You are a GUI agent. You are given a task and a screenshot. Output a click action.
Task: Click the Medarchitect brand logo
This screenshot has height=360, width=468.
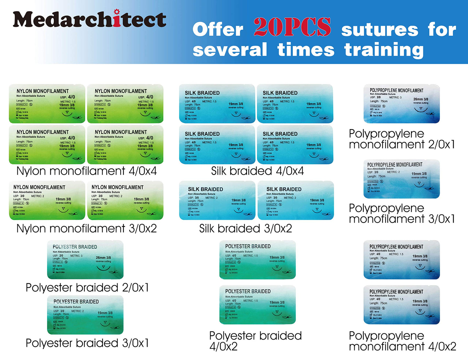click(89, 19)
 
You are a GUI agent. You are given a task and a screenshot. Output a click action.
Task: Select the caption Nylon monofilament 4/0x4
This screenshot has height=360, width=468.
click(86, 171)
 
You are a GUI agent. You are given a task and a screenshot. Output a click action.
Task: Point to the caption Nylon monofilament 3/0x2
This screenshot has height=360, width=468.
click(86, 228)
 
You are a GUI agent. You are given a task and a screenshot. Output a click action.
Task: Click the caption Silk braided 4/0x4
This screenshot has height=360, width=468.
click(257, 171)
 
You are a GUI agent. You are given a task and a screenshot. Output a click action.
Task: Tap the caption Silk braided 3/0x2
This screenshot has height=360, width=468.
click(245, 228)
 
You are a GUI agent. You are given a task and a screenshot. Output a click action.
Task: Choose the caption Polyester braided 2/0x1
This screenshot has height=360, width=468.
click(87, 287)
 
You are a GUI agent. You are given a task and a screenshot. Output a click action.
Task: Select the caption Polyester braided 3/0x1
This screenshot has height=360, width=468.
click(87, 343)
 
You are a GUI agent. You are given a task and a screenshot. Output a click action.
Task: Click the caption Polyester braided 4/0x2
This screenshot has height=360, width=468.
click(255, 341)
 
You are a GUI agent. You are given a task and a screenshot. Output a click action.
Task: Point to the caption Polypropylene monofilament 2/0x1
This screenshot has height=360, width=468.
click(402, 139)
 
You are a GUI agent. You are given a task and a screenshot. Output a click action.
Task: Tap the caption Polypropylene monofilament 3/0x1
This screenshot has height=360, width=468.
click(402, 213)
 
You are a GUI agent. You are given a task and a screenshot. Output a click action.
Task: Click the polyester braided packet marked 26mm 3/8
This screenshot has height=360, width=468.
click(85, 260)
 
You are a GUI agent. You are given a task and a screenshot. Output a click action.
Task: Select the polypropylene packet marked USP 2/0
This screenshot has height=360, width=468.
click(402, 104)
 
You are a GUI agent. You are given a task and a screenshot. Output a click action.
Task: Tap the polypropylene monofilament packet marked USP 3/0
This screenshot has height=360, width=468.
click(402, 179)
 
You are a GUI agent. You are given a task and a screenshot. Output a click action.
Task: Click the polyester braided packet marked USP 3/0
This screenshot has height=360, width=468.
click(85, 315)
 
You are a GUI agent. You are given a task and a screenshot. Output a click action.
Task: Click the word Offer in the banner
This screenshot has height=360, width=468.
click(218, 29)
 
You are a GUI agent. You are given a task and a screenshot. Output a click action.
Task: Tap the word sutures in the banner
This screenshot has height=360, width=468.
click(380, 30)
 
